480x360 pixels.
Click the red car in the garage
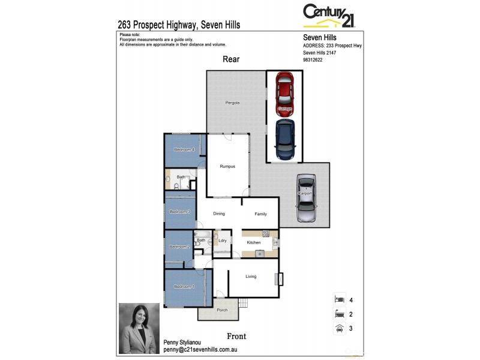click(x=285, y=94)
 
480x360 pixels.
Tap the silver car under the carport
click(x=306, y=199)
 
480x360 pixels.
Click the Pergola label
click(x=232, y=103)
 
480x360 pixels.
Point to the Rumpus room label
click(x=227, y=166)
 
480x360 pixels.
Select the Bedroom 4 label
click(x=184, y=149)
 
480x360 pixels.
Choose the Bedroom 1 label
click(x=184, y=287)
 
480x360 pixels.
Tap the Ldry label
click(x=223, y=241)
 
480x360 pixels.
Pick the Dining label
click(x=219, y=214)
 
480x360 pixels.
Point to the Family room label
click(x=260, y=214)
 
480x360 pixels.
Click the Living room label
click(x=251, y=277)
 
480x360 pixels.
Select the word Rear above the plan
click(x=231, y=59)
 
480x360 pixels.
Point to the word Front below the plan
click(x=236, y=336)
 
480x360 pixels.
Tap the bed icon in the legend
click(x=339, y=299)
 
